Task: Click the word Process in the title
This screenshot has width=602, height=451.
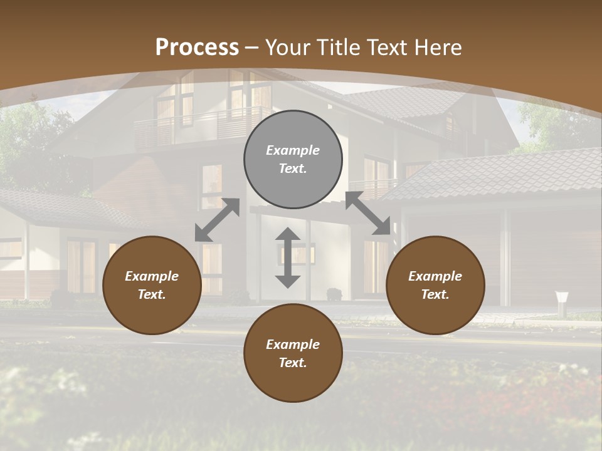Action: coord(197,48)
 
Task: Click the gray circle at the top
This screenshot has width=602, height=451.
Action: coord(293,159)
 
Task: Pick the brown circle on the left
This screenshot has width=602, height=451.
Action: coord(152,285)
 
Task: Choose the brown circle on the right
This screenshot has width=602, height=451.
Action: coord(435,285)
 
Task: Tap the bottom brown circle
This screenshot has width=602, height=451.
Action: coord(293,353)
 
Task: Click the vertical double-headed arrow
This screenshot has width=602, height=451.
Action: coord(288,258)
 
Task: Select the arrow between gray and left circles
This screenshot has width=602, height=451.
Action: coord(217,220)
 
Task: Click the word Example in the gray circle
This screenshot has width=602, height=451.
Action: coord(293,150)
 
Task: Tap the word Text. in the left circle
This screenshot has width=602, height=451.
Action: coord(152,294)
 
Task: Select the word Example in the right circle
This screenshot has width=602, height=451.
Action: coord(435,276)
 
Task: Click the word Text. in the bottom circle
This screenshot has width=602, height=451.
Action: coord(293,363)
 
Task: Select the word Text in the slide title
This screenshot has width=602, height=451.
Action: coord(387,48)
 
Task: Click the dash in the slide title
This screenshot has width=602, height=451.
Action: coord(252,48)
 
